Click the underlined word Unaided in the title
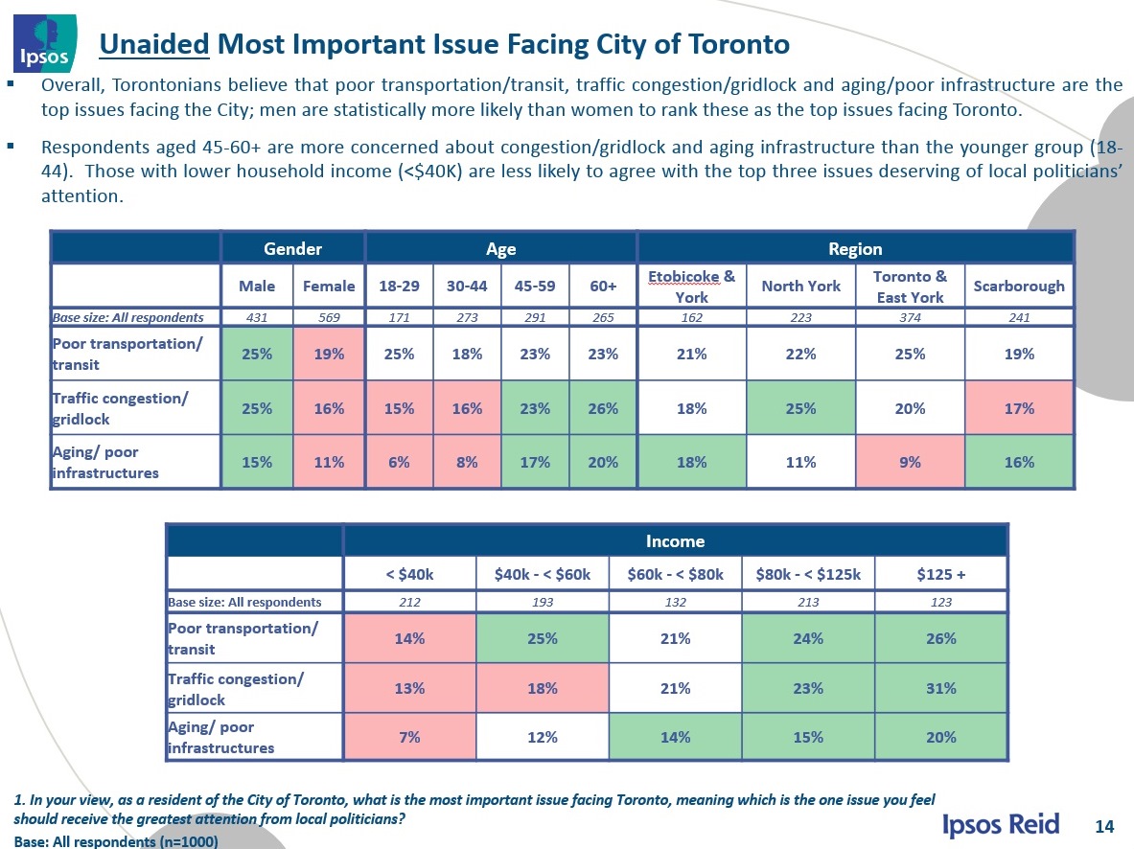pos(154,44)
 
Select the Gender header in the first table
pos(292,249)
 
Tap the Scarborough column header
pos(1019,286)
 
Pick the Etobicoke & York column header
pos(691,287)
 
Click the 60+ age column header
pos(603,286)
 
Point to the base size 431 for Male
pos(257,316)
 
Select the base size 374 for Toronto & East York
pos(909,316)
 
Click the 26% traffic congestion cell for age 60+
pos(603,408)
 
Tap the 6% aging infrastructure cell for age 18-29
pos(398,462)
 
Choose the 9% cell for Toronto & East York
pos(909,462)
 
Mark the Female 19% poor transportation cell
pos(328,354)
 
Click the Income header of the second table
pos(675,541)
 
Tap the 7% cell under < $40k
pos(409,737)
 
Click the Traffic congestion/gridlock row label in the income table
pos(236,688)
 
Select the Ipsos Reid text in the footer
pos(1002,824)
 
